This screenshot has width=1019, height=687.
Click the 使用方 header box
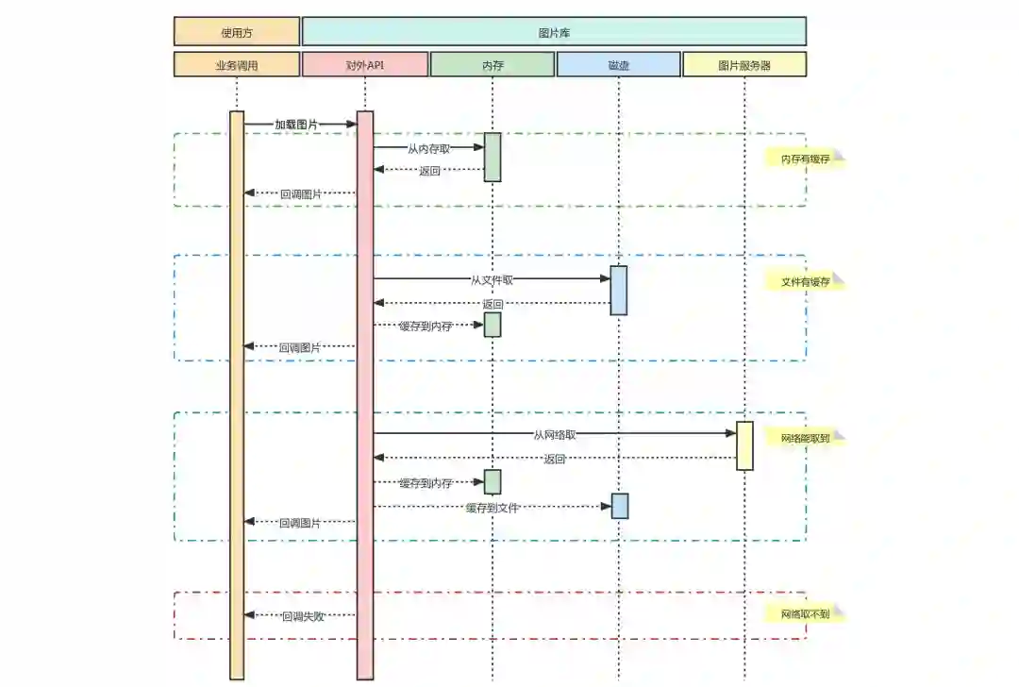237,32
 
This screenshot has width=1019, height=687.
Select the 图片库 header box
554,32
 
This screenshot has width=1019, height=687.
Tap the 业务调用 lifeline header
237,65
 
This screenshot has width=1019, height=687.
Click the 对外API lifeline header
365,65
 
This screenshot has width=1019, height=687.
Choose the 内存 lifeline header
493,65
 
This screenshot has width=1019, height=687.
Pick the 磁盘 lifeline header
619,65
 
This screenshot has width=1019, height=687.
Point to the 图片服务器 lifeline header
744,65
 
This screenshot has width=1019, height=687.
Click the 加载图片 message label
296,125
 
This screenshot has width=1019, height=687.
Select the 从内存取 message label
428,148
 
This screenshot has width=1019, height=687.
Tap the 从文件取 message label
493,279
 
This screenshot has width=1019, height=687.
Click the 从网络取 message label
555,435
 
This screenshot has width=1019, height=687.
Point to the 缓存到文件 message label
493,508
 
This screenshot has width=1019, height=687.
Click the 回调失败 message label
302,616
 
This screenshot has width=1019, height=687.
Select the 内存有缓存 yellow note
805,159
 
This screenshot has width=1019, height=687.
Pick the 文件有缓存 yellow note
805,282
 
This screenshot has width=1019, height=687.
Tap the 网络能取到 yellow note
805,439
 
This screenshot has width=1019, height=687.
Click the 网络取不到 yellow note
805,614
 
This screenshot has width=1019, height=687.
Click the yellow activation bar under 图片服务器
744,445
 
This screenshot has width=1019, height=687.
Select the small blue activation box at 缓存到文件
620,506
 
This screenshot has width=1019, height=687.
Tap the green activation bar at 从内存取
493,157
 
